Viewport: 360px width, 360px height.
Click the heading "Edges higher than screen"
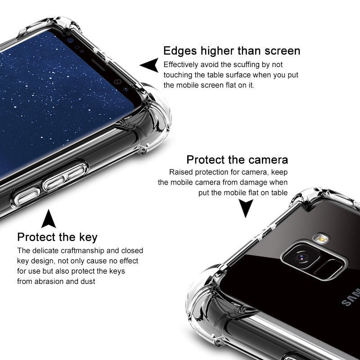[232, 50]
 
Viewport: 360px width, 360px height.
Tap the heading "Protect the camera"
[237, 160]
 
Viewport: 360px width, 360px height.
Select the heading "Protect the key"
[57, 237]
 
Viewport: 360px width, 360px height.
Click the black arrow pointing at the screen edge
[149, 65]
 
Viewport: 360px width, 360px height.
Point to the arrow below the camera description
[245, 208]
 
